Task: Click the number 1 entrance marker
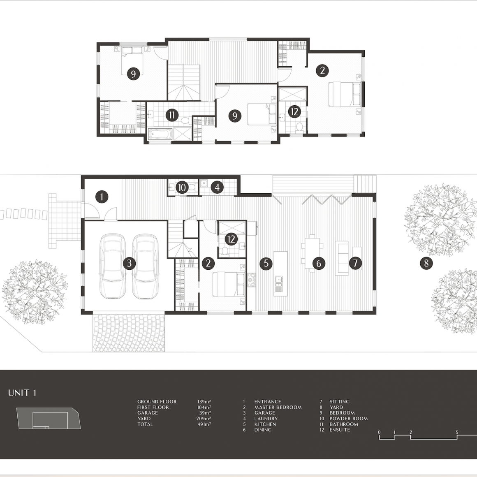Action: (102, 197)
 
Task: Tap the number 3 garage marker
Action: (129, 263)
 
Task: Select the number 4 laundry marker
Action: (217, 188)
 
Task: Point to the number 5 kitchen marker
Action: (266, 263)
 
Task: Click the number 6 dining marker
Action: (319, 263)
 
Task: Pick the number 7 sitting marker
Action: (355, 263)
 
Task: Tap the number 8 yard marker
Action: (426, 263)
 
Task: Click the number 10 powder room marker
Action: (182, 188)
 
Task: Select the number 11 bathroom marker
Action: (172, 115)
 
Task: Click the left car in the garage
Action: (113, 266)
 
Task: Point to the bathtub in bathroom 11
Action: (160, 134)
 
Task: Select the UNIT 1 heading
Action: (22, 393)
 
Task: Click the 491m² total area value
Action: (204, 424)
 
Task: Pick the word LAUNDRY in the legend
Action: (266, 419)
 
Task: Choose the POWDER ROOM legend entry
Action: (349, 419)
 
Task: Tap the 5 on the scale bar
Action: (457, 432)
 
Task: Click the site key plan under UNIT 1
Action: (49, 418)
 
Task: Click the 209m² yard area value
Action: (204, 419)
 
